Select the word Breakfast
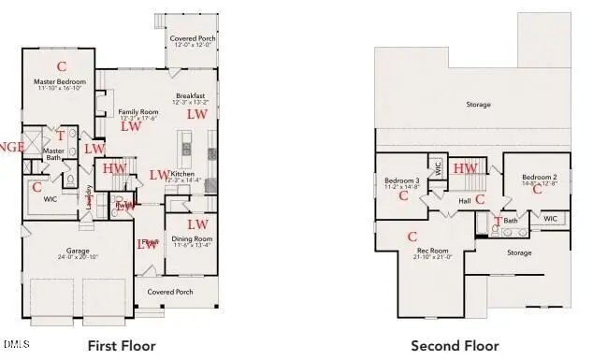pos(191,96)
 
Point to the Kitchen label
pos(182,174)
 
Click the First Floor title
pos(121,346)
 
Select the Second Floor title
pos(455,346)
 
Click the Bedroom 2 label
pos(539,177)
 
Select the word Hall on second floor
pos(465,200)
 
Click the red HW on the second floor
pos(465,168)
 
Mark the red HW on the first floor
pos(114,168)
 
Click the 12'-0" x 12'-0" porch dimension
pos(193,45)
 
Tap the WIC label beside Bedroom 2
pos(550,219)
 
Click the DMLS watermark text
pos(16,344)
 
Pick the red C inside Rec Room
pos(412,237)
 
